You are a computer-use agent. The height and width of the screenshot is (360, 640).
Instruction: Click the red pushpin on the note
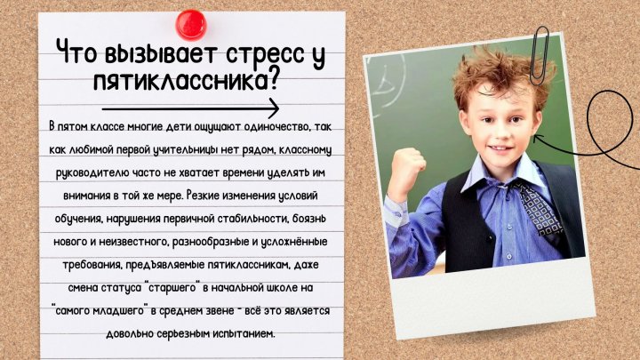click(191, 25)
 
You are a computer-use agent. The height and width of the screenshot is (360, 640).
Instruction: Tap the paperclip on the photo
click(540, 55)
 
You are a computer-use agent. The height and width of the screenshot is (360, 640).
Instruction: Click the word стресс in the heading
click(265, 54)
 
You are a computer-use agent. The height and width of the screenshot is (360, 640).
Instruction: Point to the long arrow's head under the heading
click(274, 108)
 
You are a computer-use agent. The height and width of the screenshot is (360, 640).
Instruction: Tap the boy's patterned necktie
click(540, 209)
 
